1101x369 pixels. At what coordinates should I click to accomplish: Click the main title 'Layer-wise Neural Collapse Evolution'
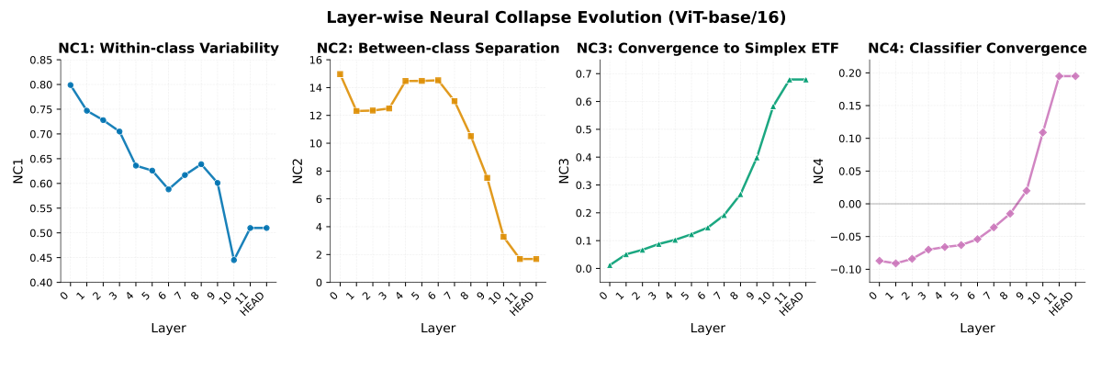pyautogui.click(x=556, y=17)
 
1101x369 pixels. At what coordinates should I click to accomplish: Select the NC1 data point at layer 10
pyautogui.click(x=234, y=260)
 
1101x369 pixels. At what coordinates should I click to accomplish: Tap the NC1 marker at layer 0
pyautogui.click(x=71, y=84)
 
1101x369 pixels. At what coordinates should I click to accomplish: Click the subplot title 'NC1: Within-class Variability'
pyautogui.click(x=168, y=49)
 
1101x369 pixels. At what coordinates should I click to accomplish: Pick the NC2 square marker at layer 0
pyautogui.click(x=340, y=74)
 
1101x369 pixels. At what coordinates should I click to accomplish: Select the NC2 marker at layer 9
pyautogui.click(x=487, y=178)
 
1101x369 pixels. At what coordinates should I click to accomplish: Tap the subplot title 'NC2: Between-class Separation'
pyautogui.click(x=438, y=49)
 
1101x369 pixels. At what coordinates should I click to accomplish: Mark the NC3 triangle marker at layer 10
pyautogui.click(x=773, y=106)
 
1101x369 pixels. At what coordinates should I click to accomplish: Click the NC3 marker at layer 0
pyautogui.click(x=610, y=265)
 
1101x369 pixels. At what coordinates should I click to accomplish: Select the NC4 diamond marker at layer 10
pyautogui.click(x=1043, y=132)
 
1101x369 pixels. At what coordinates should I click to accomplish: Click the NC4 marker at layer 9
pyautogui.click(x=1027, y=191)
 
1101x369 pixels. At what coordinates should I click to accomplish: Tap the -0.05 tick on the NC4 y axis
pyautogui.click(x=848, y=237)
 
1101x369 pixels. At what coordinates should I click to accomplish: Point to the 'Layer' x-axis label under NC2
pyautogui.click(x=438, y=328)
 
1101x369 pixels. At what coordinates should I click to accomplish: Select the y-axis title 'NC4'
pyautogui.click(x=818, y=171)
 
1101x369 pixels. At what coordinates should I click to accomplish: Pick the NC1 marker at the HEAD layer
pyautogui.click(x=266, y=228)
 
